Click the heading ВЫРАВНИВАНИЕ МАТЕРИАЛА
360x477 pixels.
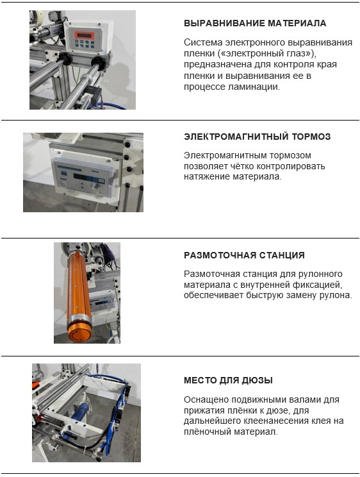point(255,24)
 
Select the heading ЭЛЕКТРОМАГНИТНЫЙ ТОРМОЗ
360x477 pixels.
point(258,137)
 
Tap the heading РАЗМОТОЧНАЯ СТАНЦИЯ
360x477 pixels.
point(244,255)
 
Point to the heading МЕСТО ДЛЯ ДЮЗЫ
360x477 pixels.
point(228,380)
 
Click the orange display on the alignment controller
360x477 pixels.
point(84,35)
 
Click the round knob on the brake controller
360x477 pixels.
point(96,186)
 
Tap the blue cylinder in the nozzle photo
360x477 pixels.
point(79,412)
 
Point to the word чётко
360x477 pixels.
point(242,166)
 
